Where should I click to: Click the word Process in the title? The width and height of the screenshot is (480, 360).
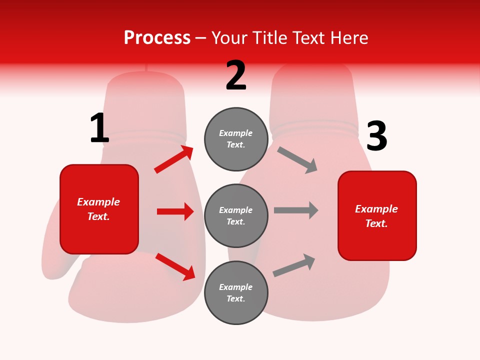157,38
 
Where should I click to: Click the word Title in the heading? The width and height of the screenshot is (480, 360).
269,38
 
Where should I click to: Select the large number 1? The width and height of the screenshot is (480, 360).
99,128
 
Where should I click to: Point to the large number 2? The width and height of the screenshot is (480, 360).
236,75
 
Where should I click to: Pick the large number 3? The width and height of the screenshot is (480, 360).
376,136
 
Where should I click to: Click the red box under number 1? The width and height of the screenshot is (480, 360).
99,209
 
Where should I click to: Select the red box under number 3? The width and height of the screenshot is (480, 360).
377,216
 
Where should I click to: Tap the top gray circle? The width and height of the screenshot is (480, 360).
236,139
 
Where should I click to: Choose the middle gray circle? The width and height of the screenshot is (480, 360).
236,216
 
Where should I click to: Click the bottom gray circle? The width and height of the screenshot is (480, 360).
236,293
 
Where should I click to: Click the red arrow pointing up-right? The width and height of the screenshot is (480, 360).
174,159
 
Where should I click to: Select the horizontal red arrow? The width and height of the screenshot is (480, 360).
175,211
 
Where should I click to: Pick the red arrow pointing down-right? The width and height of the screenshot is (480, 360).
175,266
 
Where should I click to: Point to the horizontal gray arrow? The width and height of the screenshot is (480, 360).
296,210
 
